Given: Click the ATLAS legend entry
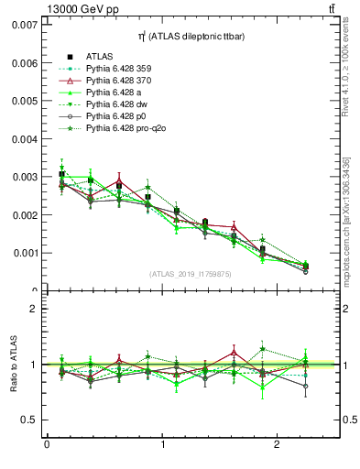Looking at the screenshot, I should click(x=99, y=55).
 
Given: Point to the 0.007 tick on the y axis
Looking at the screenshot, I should click(x=25, y=24).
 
